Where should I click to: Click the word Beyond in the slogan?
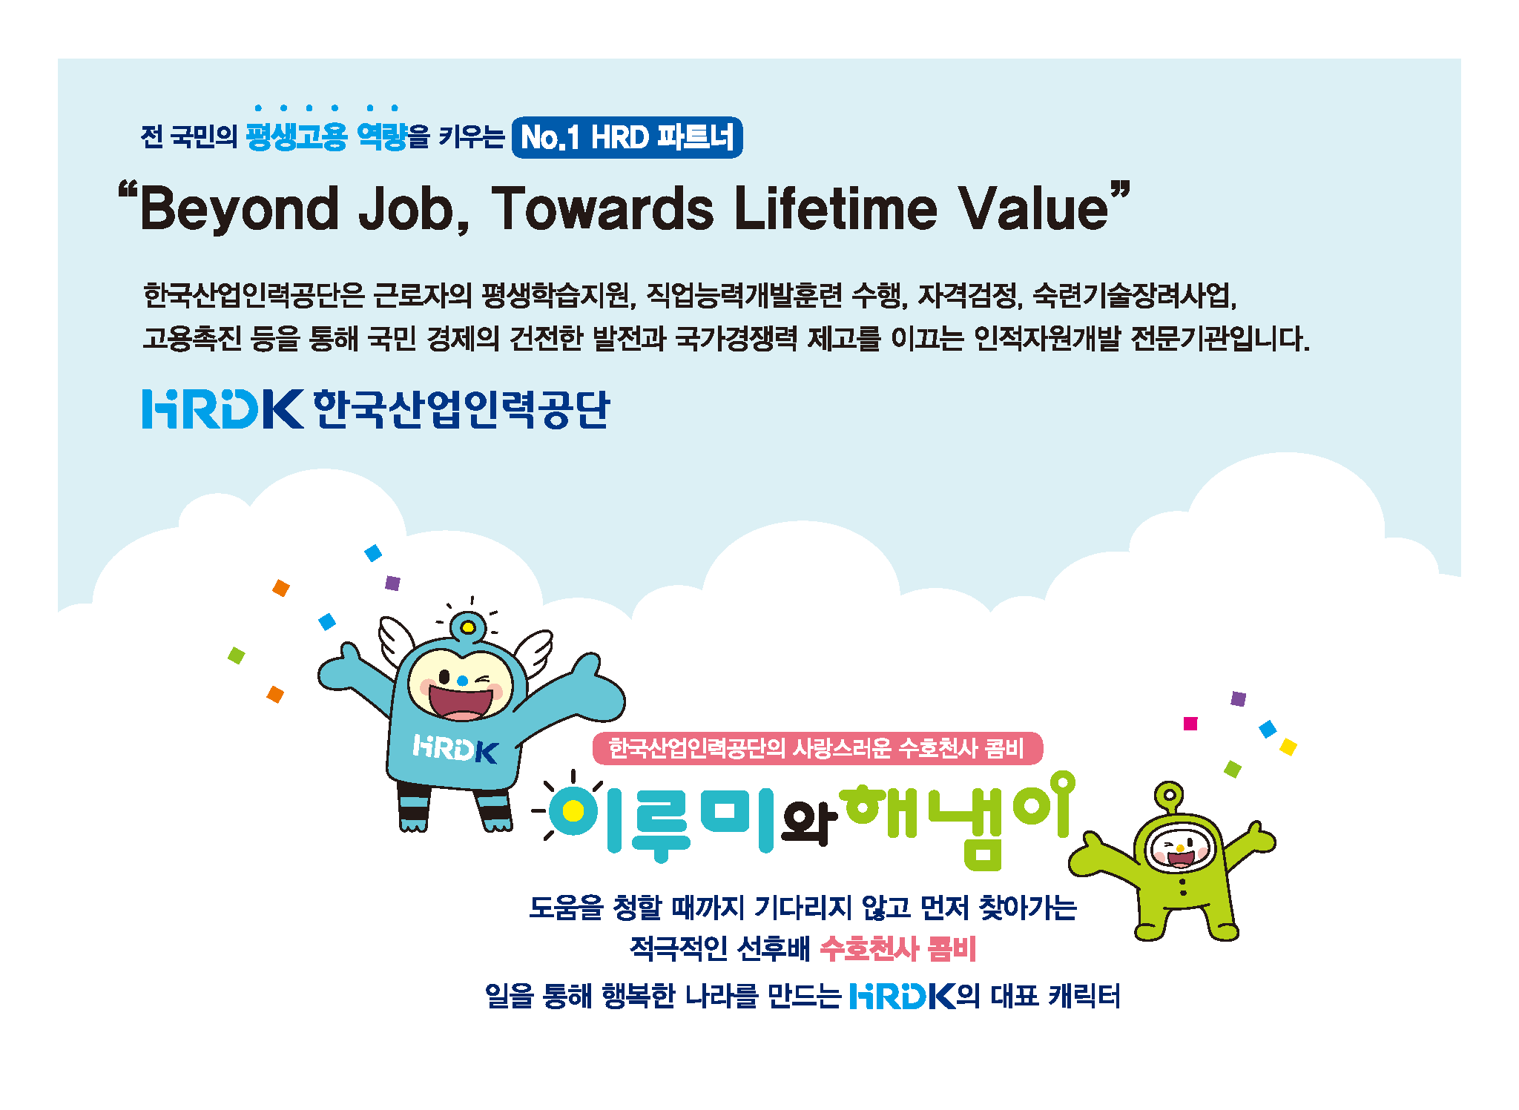coord(239,210)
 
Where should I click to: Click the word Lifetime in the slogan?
coord(836,208)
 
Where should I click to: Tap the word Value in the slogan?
coord(1033,208)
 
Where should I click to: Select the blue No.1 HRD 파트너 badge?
coord(627,137)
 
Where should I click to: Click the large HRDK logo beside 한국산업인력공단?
coord(223,409)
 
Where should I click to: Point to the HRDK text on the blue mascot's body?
coord(455,748)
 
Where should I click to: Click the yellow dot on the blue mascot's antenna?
coord(468,628)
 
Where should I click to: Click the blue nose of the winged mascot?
coord(463,680)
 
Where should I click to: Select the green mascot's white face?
coord(1179,847)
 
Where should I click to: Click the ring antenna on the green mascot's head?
coord(1170,795)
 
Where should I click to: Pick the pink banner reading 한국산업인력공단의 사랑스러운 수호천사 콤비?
coord(817,748)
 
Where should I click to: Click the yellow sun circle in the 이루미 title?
coord(573,811)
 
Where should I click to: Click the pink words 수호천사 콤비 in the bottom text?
coord(898,948)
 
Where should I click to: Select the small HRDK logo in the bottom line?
coord(902,996)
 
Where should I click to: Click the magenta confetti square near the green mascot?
coord(1190,724)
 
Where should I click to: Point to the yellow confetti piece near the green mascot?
coord(1288,747)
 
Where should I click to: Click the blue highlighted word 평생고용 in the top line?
coord(296,136)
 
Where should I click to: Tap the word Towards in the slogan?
coord(602,208)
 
